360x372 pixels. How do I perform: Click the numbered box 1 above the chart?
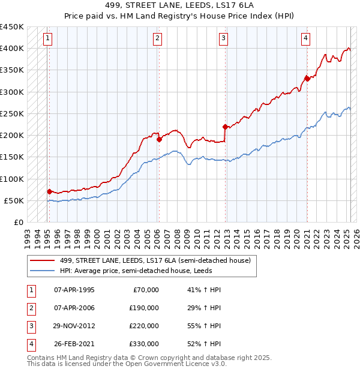tap(47, 39)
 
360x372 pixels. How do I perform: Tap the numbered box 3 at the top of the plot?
tap(223, 39)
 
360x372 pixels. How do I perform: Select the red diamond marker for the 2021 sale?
tap(307, 78)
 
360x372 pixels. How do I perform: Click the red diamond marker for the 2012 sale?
tap(225, 127)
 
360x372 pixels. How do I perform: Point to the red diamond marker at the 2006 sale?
tap(159, 140)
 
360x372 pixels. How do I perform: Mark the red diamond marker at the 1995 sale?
tap(49, 191)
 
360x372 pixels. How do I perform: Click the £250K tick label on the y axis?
tap(12, 113)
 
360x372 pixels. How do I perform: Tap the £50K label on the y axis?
tap(14, 200)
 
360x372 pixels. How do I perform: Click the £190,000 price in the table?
tap(144, 308)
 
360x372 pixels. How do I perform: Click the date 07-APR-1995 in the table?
tap(74, 290)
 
